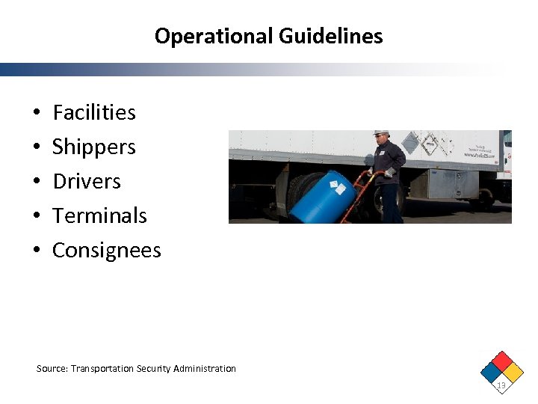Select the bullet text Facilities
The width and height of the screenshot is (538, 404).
94,112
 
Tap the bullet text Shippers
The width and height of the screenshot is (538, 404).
94,147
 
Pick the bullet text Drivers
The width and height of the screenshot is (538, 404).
87,181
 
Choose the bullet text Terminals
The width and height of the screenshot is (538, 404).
99,215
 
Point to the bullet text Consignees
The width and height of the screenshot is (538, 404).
107,250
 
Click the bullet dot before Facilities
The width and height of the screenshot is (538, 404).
37,113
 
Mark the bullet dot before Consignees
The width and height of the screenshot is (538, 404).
37,251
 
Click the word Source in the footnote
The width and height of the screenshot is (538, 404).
52,369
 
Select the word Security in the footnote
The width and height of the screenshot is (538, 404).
155,369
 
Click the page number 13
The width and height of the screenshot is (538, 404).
501,386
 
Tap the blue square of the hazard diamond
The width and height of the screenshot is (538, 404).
490,372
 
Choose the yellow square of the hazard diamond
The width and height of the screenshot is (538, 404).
512,372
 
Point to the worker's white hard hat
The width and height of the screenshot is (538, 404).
381,134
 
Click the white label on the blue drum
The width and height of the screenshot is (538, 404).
338,187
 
